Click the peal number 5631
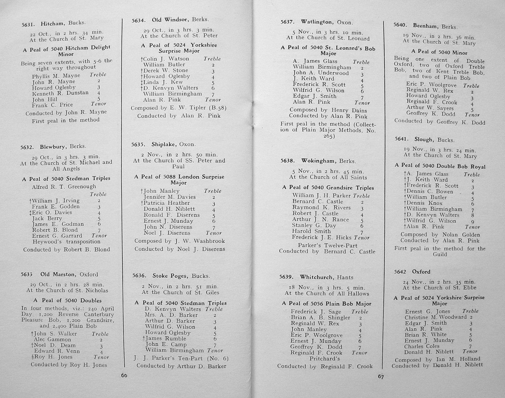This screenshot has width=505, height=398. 28,24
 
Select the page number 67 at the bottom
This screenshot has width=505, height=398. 380,377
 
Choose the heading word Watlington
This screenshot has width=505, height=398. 316,22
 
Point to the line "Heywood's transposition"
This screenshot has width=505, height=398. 66,242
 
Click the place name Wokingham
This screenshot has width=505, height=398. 319,161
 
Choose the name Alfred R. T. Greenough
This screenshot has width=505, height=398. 64,187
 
